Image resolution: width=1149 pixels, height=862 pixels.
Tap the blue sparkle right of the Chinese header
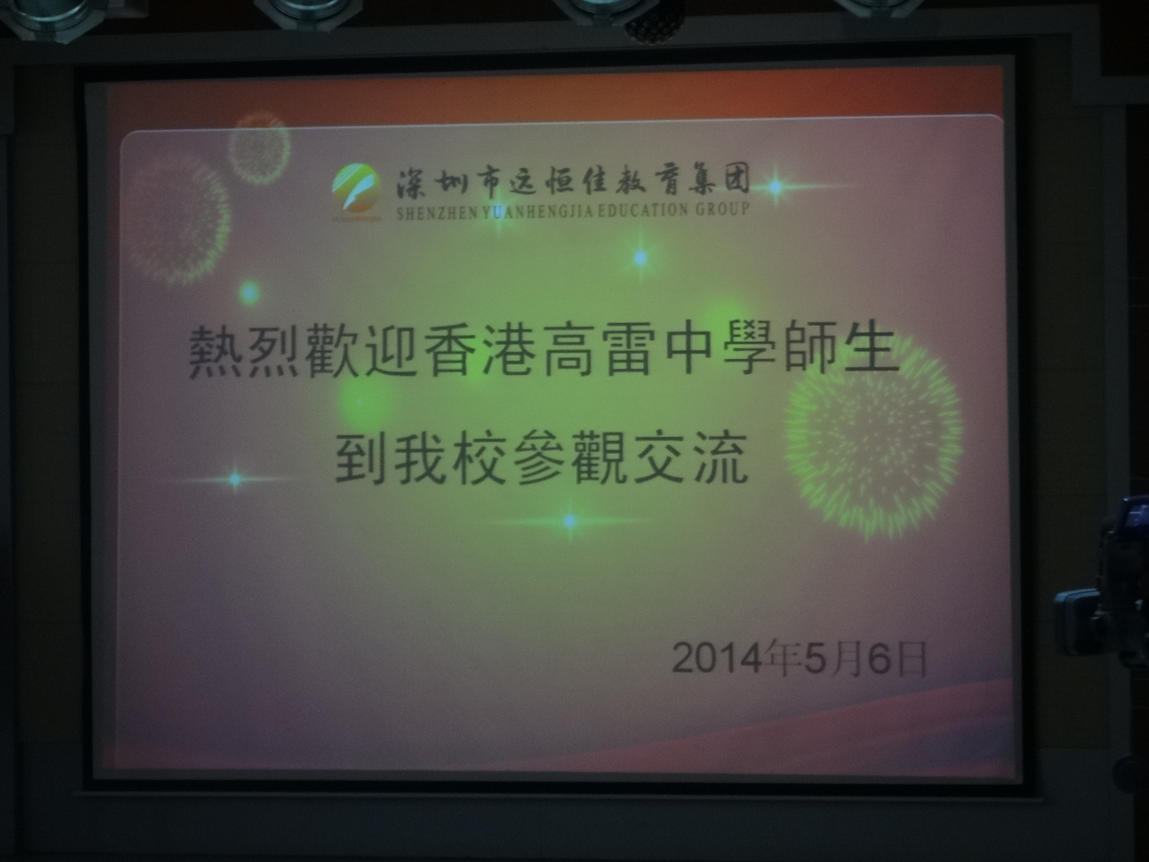[x=776, y=187]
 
